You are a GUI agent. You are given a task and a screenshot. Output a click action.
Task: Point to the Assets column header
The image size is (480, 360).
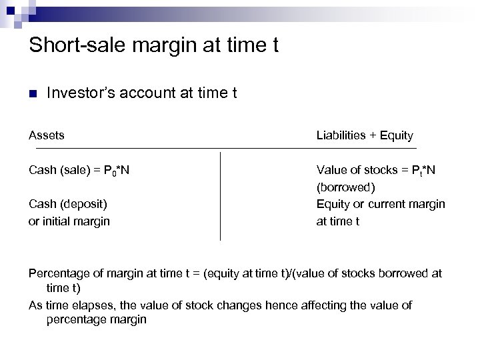point(47,135)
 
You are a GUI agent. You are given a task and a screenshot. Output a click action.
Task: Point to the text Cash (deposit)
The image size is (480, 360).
point(68,204)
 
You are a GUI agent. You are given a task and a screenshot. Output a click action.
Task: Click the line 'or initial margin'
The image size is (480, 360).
point(69,221)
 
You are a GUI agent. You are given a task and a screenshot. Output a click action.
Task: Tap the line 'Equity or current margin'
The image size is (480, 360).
point(381,204)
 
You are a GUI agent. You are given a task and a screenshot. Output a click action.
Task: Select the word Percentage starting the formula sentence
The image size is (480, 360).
point(59,273)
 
